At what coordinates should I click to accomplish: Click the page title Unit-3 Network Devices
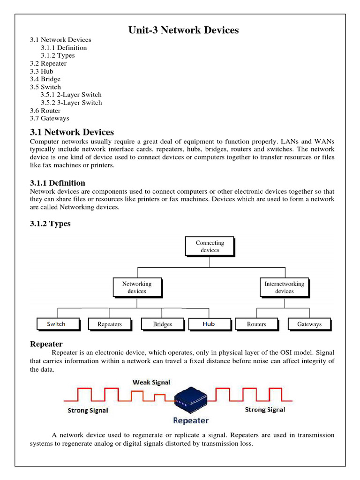pyautogui.click(x=183, y=30)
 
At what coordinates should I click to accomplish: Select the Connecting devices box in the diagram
pyautogui.click(x=210, y=247)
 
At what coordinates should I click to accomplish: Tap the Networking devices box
pyautogui.click(x=137, y=287)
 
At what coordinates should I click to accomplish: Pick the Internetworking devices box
pyautogui.click(x=284, y=287)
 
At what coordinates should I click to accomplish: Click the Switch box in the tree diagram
pyautogui.click(x=56, y=324)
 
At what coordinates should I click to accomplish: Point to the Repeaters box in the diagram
pyautogui.click(x=110, y=324)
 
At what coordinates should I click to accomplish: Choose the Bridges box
pyautogui.click(x=162, y=324)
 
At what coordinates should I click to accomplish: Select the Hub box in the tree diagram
pyautogui.click(x=209, y=324)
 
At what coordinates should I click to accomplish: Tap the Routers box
pyautogui.click(x=256, y=324)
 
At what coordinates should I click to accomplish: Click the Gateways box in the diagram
pyautogui.click(x=309, y=324)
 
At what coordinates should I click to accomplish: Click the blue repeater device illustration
pyautogui.click(x=190, y=399)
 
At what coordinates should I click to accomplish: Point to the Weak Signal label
pyautogui.click(x=151, y=382)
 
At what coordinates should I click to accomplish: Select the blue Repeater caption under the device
pyautogui.click(x=191, y=420)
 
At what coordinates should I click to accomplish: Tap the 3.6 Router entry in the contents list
pyautogui.click(x=45, y=111)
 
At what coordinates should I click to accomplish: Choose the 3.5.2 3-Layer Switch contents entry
pyautogui.click(x=71, y=103)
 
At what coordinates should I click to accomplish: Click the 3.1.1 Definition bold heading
pyautogui.click(x=57, y=183)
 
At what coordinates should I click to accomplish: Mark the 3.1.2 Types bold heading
pyautogui.click(x=50, y=224)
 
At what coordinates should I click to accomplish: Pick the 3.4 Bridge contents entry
pyautogui.click(x=45, y=79)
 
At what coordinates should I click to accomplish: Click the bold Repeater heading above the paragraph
pyautogui.click(x=46, y=344)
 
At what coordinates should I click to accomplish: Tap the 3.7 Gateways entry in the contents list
pyautogui.click(x=49, y=119)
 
